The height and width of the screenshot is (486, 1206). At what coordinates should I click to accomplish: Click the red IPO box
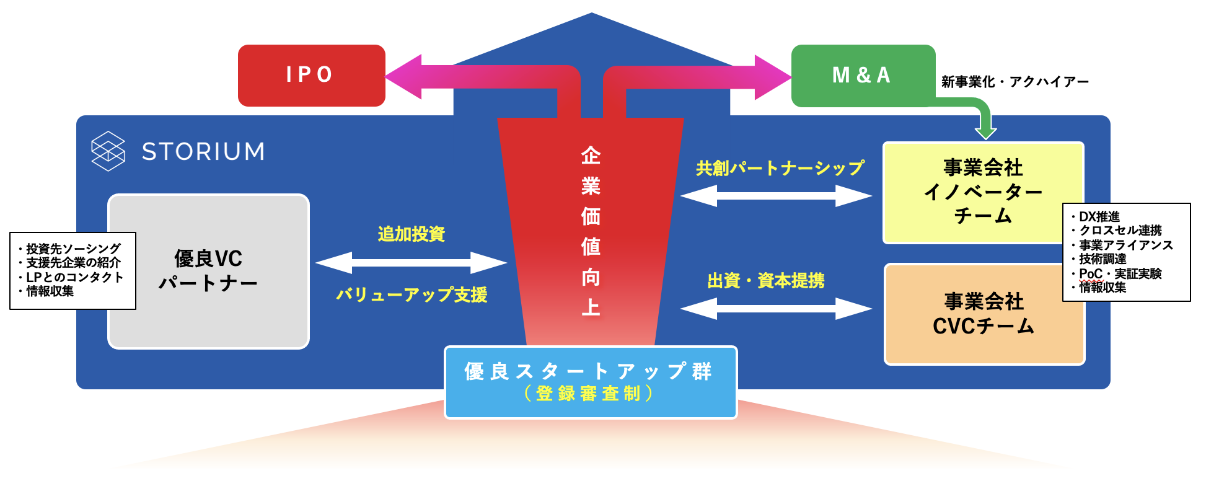pyautogui.click(x=311, y=75)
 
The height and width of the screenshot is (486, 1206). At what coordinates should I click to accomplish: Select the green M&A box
pyautogui.click(x=863, y=76)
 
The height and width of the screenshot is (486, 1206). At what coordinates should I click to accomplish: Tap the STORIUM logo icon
pyautogui.click(x=108, y=151)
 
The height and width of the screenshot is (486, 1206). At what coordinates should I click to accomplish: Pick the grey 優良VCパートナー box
pyautogui.click(x=208, y=271)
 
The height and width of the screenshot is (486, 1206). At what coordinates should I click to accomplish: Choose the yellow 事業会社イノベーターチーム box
pyautogui.click(x=982, y=192)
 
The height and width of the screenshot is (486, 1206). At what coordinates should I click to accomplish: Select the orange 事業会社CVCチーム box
pyautogui.click(x=984, y=314)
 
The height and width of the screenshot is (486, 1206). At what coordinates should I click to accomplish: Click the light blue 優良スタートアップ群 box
pyautogui.click(x=591, y=382)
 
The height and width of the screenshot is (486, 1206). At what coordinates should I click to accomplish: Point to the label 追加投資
pyautogui.click(x=412, y=234)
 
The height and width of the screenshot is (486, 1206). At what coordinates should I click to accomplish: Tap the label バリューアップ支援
pyautogui.click(x=412, y=294)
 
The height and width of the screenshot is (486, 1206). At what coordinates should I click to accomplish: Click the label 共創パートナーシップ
pyautogui.click(x=780, y=168)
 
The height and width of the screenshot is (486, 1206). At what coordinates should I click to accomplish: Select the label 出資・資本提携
pyautogui.click(x=766, y=281)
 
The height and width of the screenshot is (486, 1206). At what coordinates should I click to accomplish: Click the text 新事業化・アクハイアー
pyautogui.click(x=1015, y=82)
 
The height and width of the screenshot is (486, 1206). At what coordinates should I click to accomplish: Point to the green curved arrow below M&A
pyautogui.click(x=984, y=121)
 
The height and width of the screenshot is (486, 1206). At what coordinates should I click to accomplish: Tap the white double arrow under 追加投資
pyautogui.click(x=412, y=263)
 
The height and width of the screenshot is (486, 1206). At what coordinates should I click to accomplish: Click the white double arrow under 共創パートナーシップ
pyautogui.click(x=776, y=196)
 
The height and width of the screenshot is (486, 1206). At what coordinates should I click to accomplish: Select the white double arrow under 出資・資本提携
pyautogui.click(x=776, y=308)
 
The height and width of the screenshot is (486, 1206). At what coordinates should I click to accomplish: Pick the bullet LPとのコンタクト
pyautogui.click(x=74, y=277)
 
